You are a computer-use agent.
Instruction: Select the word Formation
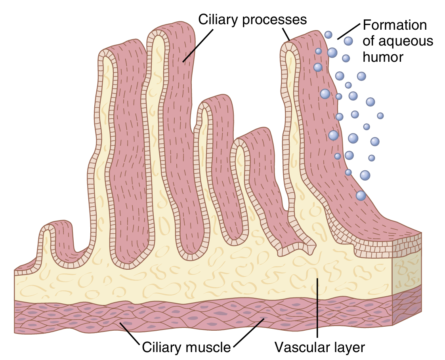[395, 25]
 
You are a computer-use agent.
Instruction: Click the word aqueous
[409, 41]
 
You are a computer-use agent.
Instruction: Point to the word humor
[383, 57]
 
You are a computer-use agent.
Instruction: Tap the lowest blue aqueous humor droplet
[361, 195]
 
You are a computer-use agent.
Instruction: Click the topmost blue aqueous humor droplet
[328, 34]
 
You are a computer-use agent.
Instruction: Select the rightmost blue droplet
[380, 116]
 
